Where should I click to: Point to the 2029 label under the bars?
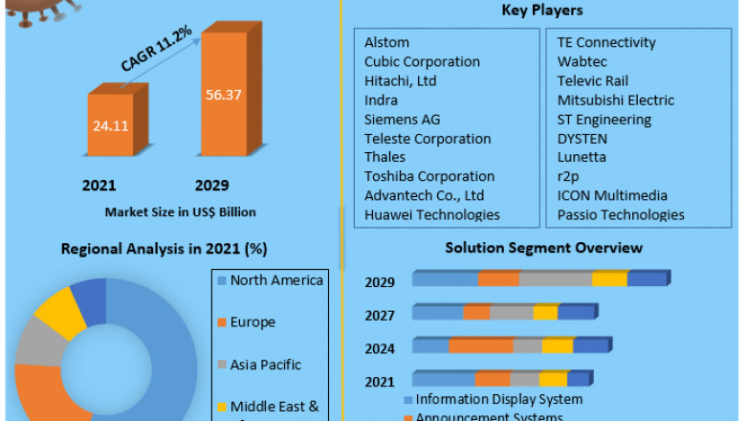coord(211,185)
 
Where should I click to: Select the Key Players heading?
coord(542,11)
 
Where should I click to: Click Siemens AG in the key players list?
coord(402,119)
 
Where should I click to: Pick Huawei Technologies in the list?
coord(431,214)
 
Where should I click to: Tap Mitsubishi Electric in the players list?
coord(616,100)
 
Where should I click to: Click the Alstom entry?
coord(386,42)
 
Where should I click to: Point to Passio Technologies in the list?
coord(621,214)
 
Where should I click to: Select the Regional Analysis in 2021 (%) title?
coord(165,249)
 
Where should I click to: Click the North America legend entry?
coord(275,280)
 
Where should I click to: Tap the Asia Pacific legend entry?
coord(265,365)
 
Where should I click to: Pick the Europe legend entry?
coord(252,322)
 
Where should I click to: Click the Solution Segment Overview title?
coord(543,248)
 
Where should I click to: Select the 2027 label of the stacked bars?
coord(380,314)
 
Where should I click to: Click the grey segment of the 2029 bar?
coord(555,278)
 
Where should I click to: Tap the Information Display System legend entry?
coord(498,399)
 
